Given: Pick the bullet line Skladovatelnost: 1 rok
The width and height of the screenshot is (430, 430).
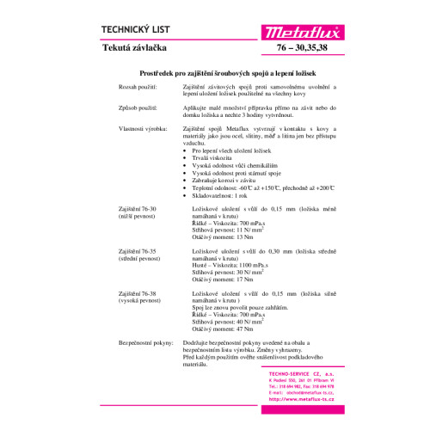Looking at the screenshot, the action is tap(230, 195).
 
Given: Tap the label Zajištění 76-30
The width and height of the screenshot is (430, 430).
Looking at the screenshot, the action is tap(139, 209).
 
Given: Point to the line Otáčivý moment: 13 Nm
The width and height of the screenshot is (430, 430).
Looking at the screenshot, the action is tap(222, 236).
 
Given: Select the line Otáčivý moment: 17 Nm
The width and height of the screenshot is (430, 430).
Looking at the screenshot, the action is tap(222, 279).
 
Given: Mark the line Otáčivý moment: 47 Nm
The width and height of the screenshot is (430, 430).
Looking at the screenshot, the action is tap(222, 328).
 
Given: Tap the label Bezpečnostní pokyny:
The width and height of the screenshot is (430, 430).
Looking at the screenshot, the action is tap(146, 341).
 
